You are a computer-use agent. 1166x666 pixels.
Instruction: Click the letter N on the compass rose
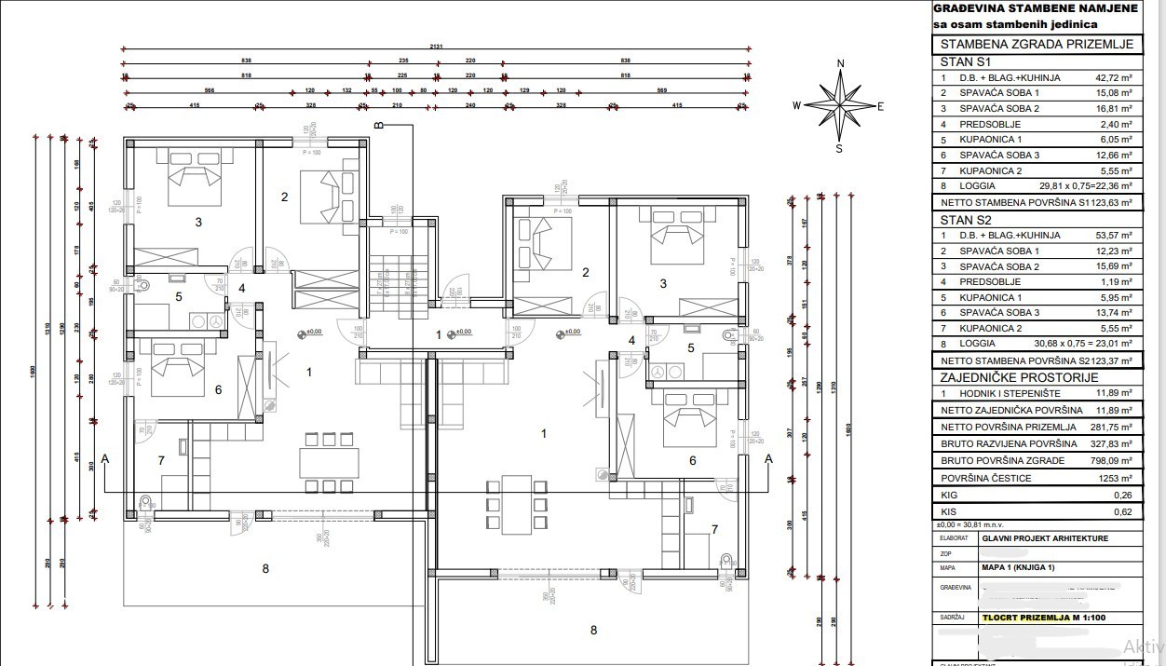840,64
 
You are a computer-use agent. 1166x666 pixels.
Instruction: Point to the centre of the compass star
840,105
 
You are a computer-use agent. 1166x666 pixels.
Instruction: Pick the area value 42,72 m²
1113,78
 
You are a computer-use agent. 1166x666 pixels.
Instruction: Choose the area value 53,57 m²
1113,236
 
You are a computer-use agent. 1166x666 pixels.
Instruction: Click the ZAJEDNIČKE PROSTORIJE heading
1006,377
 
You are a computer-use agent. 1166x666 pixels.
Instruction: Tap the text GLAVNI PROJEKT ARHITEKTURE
1044,538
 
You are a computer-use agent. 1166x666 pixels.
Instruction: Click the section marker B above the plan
378,125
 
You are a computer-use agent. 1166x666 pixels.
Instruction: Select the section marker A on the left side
105,458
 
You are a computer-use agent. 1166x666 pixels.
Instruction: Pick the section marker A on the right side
768,458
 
